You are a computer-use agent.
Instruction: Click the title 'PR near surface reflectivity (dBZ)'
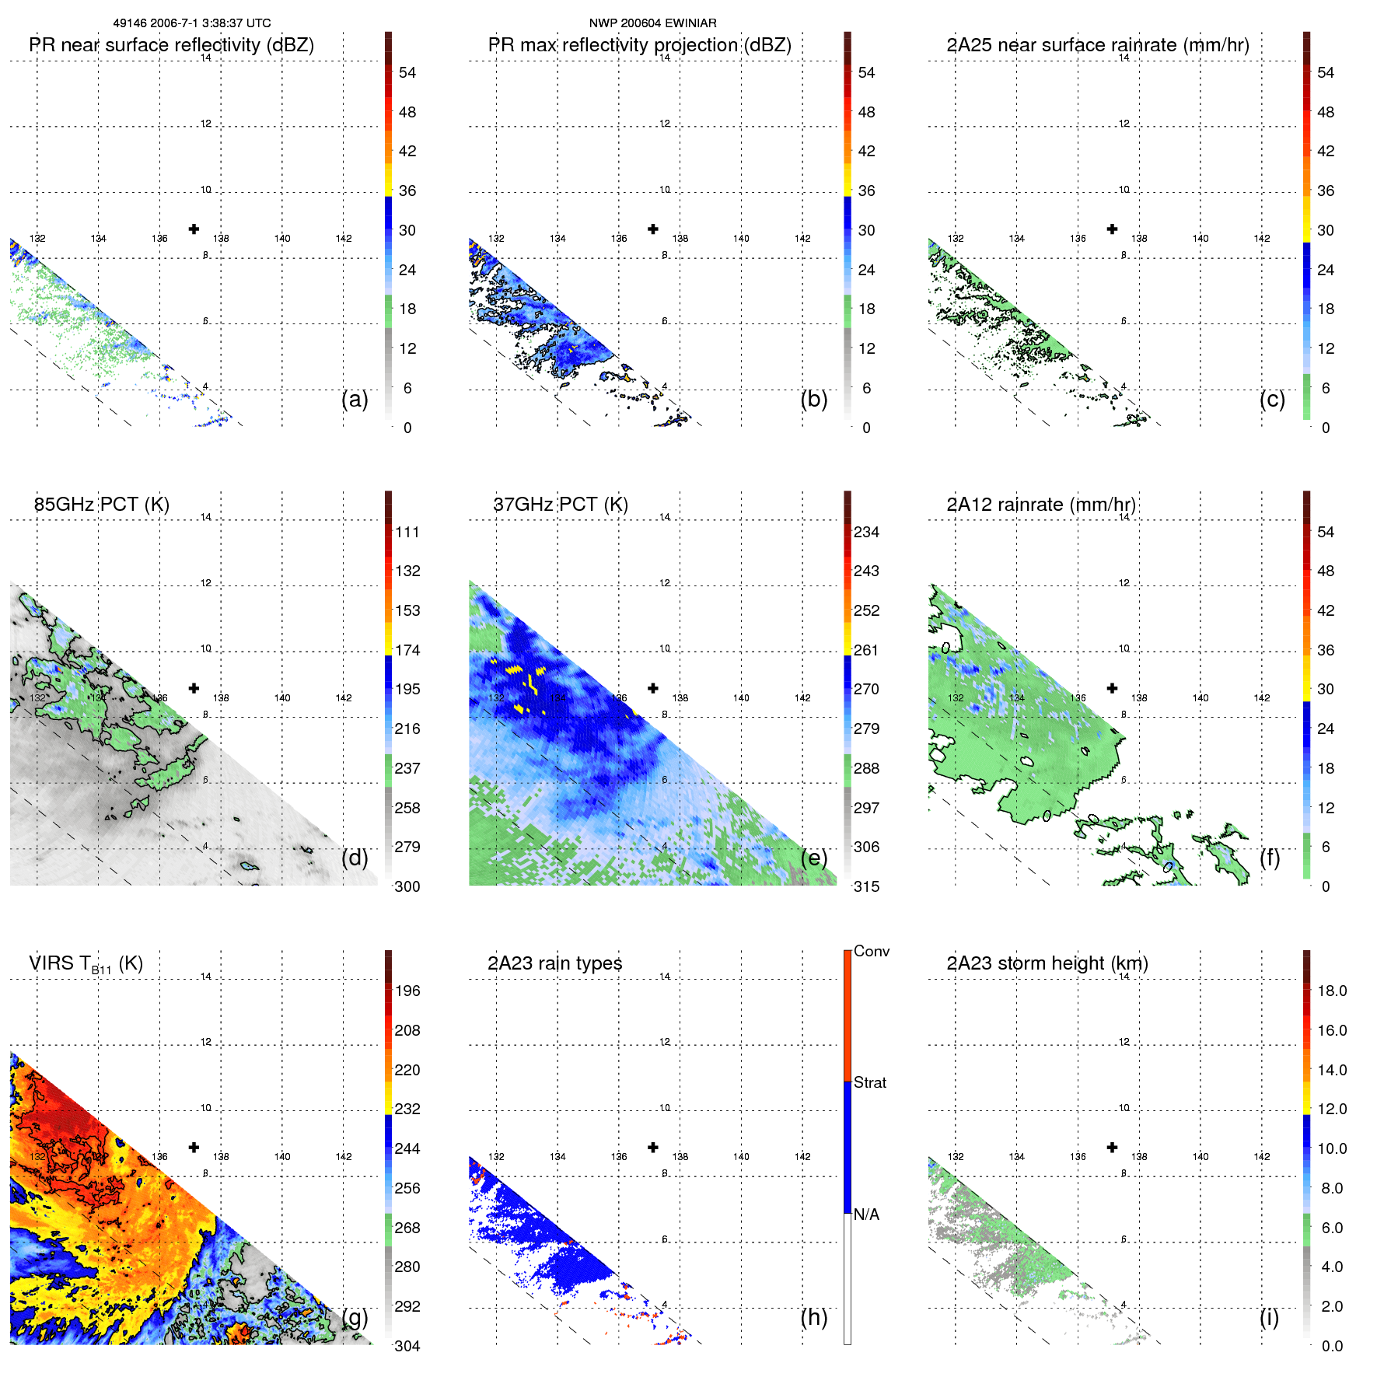point(171,45)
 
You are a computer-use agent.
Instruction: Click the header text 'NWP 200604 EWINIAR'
point(652,23)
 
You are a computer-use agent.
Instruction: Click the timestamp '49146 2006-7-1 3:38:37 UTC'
point(192,23)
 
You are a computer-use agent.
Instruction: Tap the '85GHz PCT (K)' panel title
point(101,505)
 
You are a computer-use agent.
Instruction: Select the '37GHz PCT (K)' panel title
point(560,505)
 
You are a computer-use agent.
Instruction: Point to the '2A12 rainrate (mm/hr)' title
point(1041,505)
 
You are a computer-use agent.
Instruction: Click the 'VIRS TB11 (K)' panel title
point(86,964)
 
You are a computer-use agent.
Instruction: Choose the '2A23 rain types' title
point(554,963)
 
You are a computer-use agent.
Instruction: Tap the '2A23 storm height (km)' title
point(1047,963)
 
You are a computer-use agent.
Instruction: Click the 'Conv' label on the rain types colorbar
point(871,951)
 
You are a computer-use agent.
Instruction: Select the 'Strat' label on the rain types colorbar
point(869,1082)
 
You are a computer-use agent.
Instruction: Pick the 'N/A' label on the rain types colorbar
point(866,1214)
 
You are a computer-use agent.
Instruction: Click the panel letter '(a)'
point(355,399)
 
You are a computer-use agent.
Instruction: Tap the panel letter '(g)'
point(355,1317)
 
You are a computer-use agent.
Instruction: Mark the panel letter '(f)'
point(1269,858)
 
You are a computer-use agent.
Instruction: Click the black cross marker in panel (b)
point(653,229)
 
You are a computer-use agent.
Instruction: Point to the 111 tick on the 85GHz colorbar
point(407,532)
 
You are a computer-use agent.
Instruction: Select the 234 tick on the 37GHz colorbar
point(866,532)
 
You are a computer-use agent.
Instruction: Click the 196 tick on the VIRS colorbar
point(407,991)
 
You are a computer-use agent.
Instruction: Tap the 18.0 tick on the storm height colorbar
point(1332,991)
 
